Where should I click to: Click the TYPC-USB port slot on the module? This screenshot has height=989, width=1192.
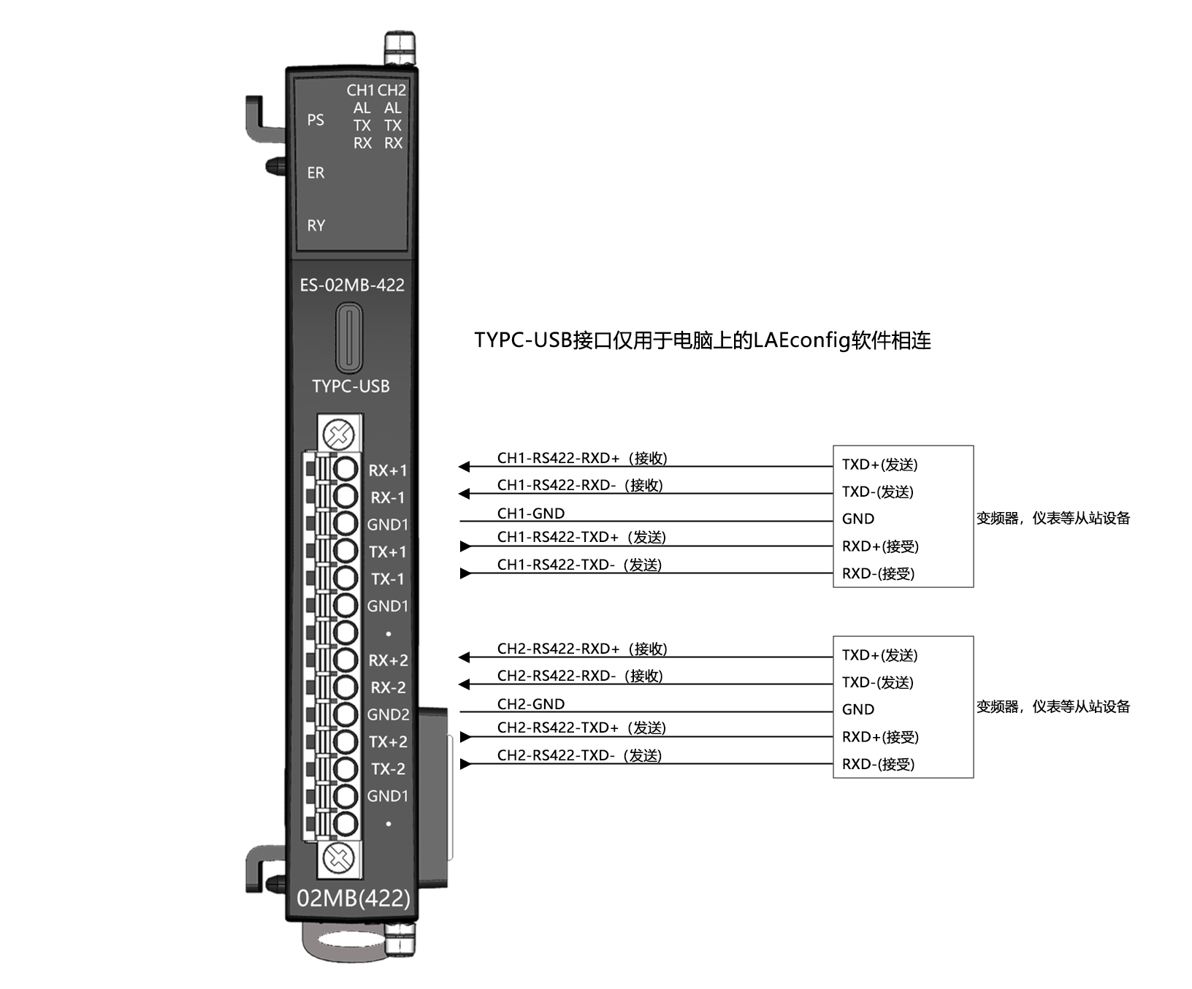click(x=349, y=339)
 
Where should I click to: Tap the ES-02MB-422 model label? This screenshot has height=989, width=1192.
click(x=352, y=285)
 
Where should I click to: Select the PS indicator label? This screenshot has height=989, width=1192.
click(x=316, y=120)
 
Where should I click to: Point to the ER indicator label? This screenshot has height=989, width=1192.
click(x=316, y=173)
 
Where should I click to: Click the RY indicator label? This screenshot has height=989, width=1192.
click(x=316, y=226)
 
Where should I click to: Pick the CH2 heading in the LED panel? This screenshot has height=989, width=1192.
click(x=392, y=91)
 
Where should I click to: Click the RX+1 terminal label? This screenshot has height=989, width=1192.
click(x=388, y=471)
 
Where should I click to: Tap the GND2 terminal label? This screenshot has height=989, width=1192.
click(x=388, y=714)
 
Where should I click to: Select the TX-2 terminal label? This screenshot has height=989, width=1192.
click(x=388, y=769)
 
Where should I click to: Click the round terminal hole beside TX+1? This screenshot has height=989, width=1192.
click(x=345, y=551)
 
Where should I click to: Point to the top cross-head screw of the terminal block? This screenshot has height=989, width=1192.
click(x=339, y=435)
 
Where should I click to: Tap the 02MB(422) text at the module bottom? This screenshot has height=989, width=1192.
click(x=354, y=898)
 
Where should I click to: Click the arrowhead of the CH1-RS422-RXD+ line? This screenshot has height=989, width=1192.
click(x=464, y=467)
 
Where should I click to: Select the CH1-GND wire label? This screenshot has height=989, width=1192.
click(x=531, y=513)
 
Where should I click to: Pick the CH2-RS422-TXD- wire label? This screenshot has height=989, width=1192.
click(x=579, y=755)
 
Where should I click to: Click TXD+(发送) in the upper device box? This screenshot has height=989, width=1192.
click(x=879, y=465)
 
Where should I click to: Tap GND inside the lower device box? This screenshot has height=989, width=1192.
click(x=858, y=709)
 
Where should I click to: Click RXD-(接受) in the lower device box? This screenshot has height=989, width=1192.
click(x=878, y=764)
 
